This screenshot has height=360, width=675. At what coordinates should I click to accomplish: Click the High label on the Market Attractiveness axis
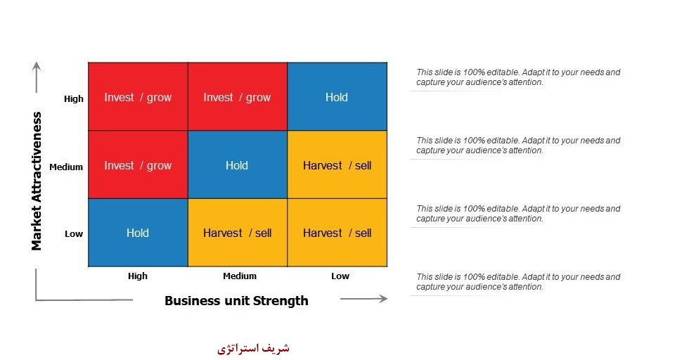[74, 98]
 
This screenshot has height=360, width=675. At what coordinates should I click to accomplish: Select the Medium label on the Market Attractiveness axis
[66, 167]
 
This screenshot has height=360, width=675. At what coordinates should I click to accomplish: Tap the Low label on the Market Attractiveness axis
[74, 234]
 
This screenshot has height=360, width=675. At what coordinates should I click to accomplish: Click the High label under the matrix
[138, 276]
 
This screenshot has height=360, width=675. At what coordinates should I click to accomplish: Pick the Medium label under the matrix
[240, 276]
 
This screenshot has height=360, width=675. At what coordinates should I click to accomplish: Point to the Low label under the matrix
[340, 276]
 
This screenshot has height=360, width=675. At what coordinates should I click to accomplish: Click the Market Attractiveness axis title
[37, 181]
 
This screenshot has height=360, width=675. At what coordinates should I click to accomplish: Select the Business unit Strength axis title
[236, 300]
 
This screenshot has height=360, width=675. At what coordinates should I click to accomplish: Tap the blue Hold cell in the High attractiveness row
[337, 96]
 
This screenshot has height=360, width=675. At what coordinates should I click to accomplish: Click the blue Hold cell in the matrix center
[238, 165]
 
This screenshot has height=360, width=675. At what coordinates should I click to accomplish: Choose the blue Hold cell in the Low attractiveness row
[138, 233]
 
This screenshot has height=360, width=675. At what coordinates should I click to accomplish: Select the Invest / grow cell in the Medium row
[138, 165]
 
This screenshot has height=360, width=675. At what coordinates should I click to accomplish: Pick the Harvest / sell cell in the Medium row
[337, 165]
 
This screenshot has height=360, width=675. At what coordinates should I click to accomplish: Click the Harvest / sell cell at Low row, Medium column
[238, 233]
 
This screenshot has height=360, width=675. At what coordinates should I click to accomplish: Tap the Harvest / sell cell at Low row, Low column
[337, 233]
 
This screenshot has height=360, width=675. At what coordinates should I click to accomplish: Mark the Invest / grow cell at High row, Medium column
[238, 96]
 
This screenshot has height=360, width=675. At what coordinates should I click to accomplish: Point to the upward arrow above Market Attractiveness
[37, 77]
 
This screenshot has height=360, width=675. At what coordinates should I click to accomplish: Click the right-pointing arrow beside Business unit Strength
[364, 298]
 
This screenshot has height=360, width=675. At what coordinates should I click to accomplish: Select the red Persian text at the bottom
[253, 348]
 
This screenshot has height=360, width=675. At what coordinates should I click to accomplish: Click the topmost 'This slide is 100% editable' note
[518, 77]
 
